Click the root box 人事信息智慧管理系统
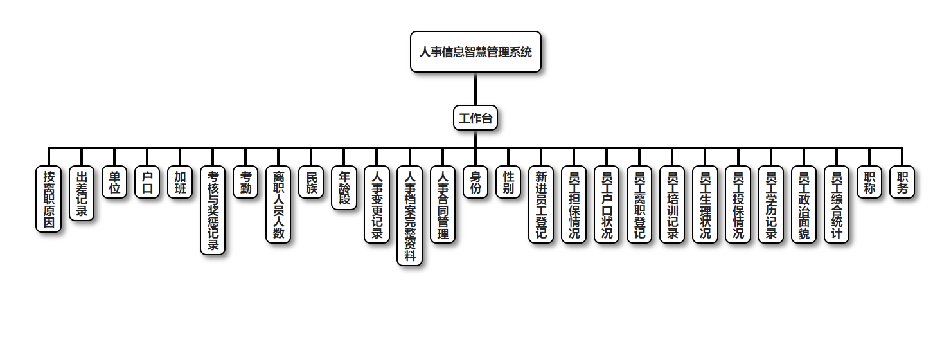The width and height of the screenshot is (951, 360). click(x=476, y=51)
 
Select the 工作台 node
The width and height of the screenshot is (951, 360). click(x=476, y=118)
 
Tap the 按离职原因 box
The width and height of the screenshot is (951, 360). click(x=49, y=199)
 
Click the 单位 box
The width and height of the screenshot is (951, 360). click(x=114, y=182)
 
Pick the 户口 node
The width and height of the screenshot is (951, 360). click(x=147, y=182)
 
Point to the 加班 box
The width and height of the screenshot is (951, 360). click(x=180, y=182)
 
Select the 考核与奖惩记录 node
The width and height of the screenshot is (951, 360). click(x=213, y=210)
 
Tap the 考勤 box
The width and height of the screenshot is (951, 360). click(x=245, y=182)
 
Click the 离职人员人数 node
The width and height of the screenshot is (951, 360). click(x=278, y=204)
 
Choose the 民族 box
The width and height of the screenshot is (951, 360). click(x=311, y=182)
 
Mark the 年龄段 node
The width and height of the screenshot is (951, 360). click(x=344, y=188)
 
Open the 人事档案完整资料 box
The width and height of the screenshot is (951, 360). click(x=410, y=215)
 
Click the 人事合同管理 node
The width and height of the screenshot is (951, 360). click(x=443, y=204)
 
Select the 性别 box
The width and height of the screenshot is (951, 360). click(x=508, y=182)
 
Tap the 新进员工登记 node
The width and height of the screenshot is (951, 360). click(x=541, y=204)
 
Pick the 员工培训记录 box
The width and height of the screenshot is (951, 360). click(x=672, y=204)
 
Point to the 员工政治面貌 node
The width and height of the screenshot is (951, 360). click(x=803, y=204)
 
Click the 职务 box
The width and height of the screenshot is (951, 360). click(x=902, y=182)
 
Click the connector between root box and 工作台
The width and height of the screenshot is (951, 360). click(x=476, y=89)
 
